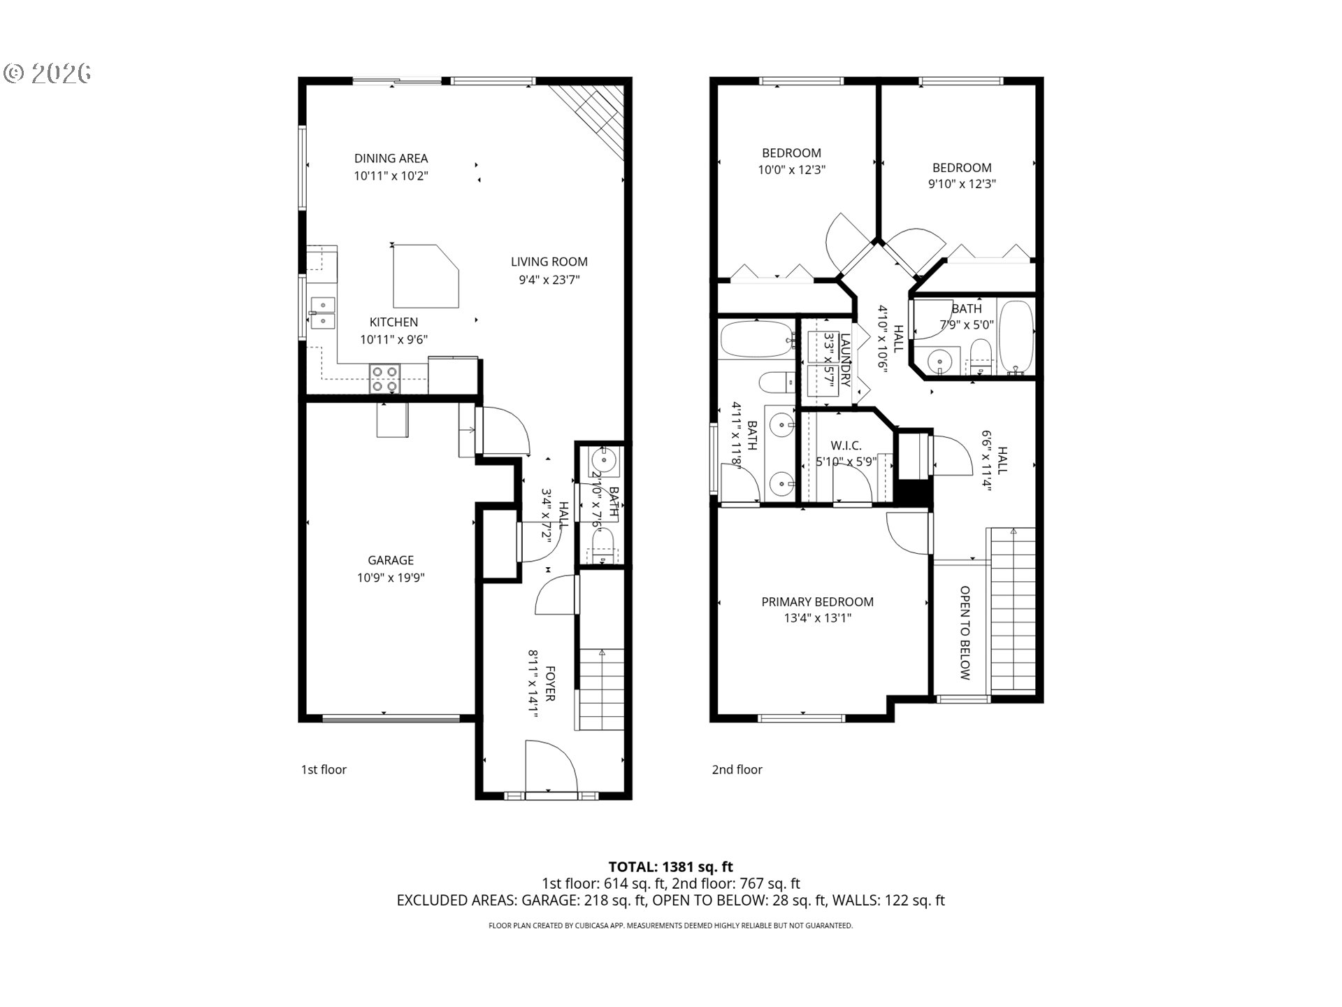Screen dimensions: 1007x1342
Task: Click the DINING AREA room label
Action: [x=391, y=159]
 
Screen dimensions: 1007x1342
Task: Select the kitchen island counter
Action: [x=423, y=276]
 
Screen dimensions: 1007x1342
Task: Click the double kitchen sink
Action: [x=322, y=313]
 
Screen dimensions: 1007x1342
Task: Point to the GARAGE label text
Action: [x=391, y=560]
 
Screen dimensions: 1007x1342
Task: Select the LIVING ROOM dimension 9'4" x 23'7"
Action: [x=549, y=280]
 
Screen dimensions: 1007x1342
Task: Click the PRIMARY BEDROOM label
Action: [x=817, y=601]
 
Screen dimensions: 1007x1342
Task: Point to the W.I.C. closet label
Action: [x=846, y=445]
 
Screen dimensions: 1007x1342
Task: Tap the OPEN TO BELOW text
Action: [x=965, y=633]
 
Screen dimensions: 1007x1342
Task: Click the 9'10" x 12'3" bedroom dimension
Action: [x=962, y=184]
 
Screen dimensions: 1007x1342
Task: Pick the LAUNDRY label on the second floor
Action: [x=845, y=360]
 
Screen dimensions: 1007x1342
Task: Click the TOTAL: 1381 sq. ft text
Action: [x=670, y=867]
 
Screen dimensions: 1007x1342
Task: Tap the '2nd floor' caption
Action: [x=737, y=769]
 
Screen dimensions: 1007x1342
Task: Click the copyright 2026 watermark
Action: [x=48, y=73]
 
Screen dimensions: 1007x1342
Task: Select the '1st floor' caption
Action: [x=324, y=769]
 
